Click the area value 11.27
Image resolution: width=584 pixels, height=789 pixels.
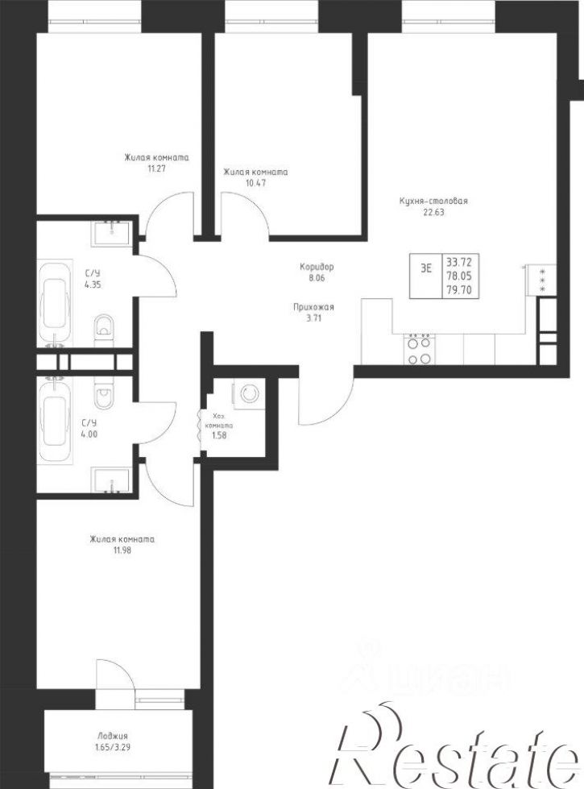pyautogui.click(x=156, y=168)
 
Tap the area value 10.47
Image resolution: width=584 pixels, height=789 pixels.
pyautogui.click(x=255, y=183)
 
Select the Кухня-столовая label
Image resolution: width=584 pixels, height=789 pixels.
pyautogui.click(x=433, y=201)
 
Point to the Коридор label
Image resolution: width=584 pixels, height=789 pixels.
pyautogui.click(x=317, y=267)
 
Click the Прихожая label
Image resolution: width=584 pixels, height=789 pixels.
pyautogui.click(x=313, y=307)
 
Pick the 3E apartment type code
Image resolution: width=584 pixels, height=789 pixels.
pyautogui.click(x=425, y=268)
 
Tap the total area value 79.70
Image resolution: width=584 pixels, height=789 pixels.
pyautogui.click(x=458, y=289)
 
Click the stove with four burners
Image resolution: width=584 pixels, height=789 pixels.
pyautogui.click(x=420, y=349)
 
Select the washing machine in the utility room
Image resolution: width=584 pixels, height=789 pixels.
pyautogui.click(x=248, y=392)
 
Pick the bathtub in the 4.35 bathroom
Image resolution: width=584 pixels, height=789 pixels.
pyautogui.click(x=55, y=304)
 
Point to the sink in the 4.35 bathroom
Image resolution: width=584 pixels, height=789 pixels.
pyautogui.click(x=112, y=232)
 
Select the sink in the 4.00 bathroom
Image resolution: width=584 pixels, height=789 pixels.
pyautogui.click(x=112, y=480)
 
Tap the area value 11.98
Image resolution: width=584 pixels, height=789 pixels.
pyautogui.click(x=122, y=550)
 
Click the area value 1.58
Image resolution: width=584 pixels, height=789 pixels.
pyautogui.click(x=219, y=435)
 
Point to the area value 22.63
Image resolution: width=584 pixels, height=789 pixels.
pyautogui.click(x=433, y=212)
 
